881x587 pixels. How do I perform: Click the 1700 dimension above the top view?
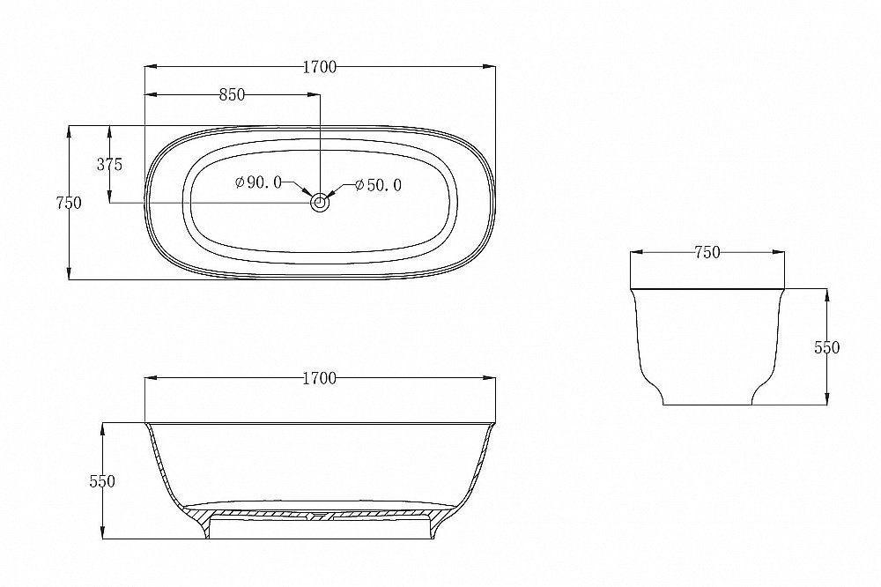point(320,67)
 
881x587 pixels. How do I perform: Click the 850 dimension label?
point(232,95)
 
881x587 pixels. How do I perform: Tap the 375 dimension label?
point(109,165)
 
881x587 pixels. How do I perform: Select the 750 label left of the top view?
point(69,203)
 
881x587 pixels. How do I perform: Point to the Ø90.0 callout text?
point(258,182)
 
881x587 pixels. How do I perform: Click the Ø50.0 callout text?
point(379,185)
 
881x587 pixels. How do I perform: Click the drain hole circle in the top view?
point(321,203)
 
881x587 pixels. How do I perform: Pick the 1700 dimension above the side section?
point(320,378)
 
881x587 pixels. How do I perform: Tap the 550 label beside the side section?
point(102,481)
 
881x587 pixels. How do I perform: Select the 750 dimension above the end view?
point(707,253)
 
